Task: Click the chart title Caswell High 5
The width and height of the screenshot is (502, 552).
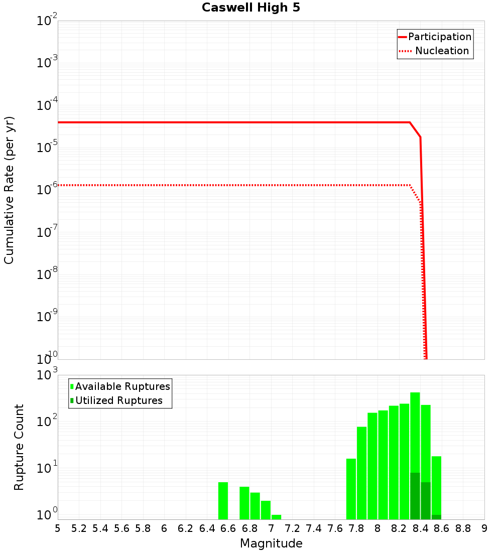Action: [x=251, y=8]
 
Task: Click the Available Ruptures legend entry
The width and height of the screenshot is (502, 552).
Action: [x=122, y=386]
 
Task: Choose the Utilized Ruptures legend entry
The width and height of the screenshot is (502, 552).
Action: [x=118, y=400]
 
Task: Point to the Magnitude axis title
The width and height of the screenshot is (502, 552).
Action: [x=271, y=543]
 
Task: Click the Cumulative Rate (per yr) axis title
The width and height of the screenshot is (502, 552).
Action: [x=9, y=190]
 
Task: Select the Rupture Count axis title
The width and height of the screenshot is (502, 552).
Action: [x=19, y=447]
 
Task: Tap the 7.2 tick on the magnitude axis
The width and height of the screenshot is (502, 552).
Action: [x=292, y=528]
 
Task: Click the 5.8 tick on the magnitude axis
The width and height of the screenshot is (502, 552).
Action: [x=143, y=528]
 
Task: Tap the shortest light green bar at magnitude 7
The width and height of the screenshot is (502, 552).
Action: [x=276, y=517]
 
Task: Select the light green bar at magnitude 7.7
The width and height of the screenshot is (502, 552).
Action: [x=351, y=489]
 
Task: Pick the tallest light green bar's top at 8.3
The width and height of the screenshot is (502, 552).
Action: [x=415, y=393]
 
